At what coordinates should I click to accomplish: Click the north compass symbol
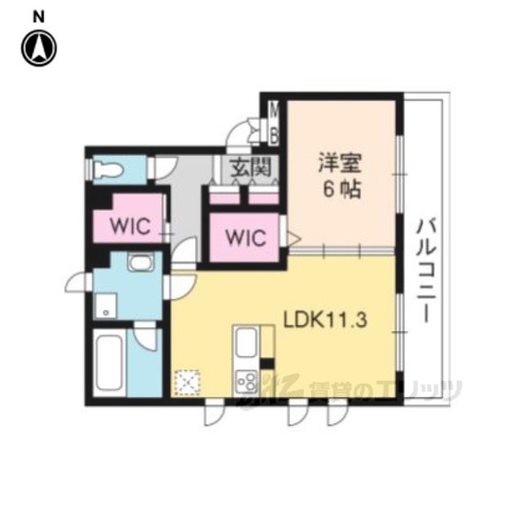[x=39, y=48]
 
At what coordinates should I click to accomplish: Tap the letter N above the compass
[x=38, y=17]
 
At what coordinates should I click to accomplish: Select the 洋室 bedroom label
[x=340, y=163]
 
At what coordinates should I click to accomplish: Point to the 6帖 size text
[x=341, y=190]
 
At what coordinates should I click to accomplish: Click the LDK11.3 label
[x=325, y=320]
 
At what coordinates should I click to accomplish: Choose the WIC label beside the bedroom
[x=246, y=238]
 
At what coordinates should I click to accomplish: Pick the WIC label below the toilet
[x=131, y=226]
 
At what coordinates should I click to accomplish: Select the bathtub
[x=109, y=363]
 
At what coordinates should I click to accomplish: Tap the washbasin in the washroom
[x=141, y=262]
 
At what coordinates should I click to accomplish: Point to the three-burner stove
[x=247, y=381]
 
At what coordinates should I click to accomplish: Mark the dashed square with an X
[x=187, y=382]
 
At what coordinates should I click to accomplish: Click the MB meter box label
[x=275, y=123]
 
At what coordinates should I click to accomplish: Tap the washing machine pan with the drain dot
[x=106, y=305]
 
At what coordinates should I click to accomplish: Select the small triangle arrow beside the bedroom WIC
[x=294, y=239]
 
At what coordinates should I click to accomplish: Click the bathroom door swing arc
[x=145, y=338]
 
